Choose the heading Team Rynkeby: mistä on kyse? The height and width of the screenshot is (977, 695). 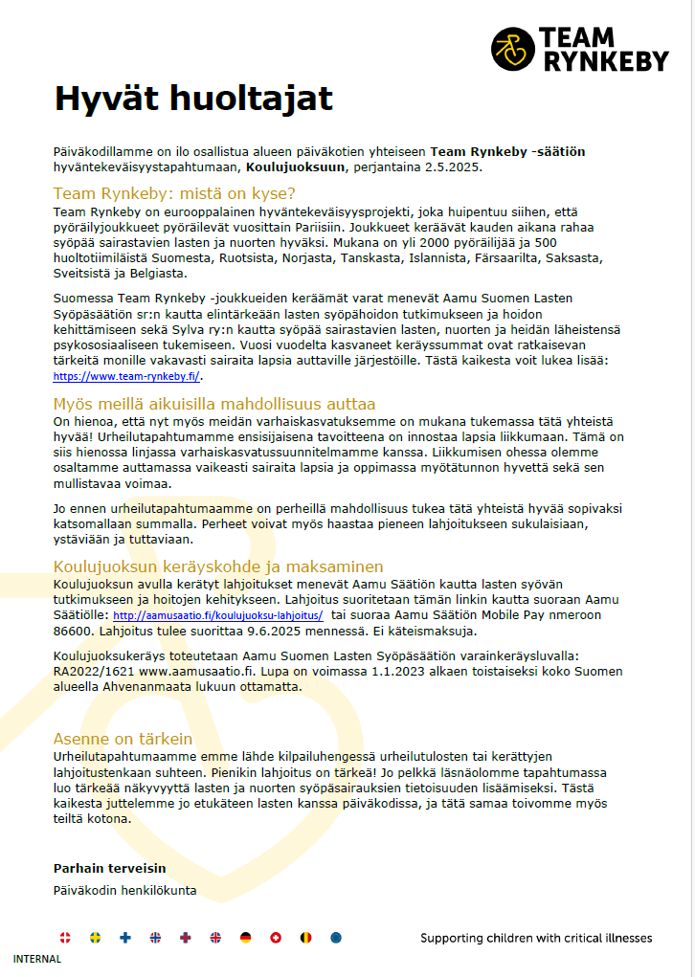pos(174,190)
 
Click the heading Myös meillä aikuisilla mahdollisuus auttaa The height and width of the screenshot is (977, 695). pos(213,404)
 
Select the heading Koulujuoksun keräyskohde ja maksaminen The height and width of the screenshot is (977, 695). pos(218,566)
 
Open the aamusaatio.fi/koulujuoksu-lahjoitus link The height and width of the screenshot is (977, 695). pos(218,616)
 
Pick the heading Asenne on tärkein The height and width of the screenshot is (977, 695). pos(123,739)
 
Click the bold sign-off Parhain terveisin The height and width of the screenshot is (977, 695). pos(110,868)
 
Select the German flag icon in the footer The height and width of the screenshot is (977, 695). pos(245,939)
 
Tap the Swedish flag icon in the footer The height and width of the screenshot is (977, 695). pos(95,939)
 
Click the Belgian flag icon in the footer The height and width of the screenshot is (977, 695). pos(305,939)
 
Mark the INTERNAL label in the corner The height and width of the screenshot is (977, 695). pos(37,959)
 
